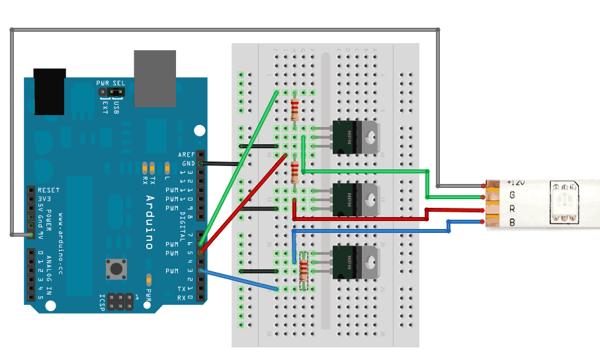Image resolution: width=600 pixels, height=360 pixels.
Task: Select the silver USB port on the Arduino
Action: tap(154, 77)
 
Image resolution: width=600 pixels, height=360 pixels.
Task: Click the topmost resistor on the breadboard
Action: tap(294, 107)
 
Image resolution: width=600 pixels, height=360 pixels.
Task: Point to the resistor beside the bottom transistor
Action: tap(304, 271)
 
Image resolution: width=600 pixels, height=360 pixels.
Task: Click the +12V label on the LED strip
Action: tap(515, 181)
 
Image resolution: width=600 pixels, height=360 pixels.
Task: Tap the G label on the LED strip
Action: tap(512, 195)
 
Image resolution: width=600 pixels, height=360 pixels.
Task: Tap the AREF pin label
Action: tap(187, 154)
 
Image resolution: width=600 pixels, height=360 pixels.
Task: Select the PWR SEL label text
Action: tap(110, 83)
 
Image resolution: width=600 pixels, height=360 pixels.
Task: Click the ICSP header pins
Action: tap(120, 302)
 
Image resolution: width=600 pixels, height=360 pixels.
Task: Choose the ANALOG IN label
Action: tap(49, 268)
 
